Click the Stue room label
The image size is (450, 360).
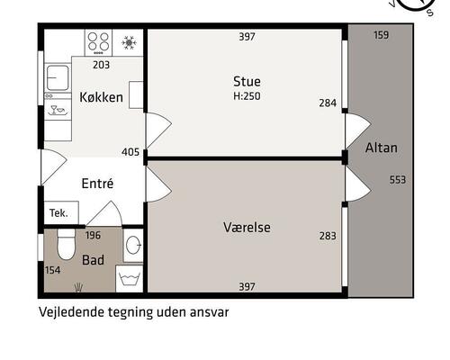pyautogui.click(x=247, y=81)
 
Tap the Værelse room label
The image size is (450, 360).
pyautogui.click(x=247, y=227)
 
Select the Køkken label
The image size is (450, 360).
pyautogui.click(x=102, y=97)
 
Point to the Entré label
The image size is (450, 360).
pyautogui.click(x=97, y=183)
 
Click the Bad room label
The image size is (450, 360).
pyautogui.click(x=93, y=260)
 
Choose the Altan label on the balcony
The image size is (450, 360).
pyautogui.click(x=382, y=148)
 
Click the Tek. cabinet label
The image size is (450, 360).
pyautogui.click(x=58, y=213)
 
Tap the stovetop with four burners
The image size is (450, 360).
pyautogui.click(x=98, y=42)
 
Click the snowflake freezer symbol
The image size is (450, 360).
pyautogui.click(x=129, y=42)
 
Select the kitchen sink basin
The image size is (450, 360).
pyautogui.click(x=58, y=78)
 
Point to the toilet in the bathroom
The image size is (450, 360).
pyautogui.click(x=66, y=244)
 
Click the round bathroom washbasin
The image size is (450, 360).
pyautogui.click(x=133, y=245)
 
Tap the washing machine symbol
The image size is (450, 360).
pyautogui.click(x=130, y=279)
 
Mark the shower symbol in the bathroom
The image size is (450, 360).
pyautogui.click(x=78, y=287)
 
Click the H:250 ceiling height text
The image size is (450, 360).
pyautogui.click(x=247, y=96)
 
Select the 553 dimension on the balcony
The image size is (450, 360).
pyautogui.click(x=398, y=180)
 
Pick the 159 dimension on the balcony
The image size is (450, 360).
pyautogui.click(x=382, y=35)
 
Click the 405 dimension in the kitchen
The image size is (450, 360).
pyautogui.click(x=130, y=152)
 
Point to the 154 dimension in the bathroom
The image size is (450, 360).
pyautogui.click(x=53, y=270)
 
